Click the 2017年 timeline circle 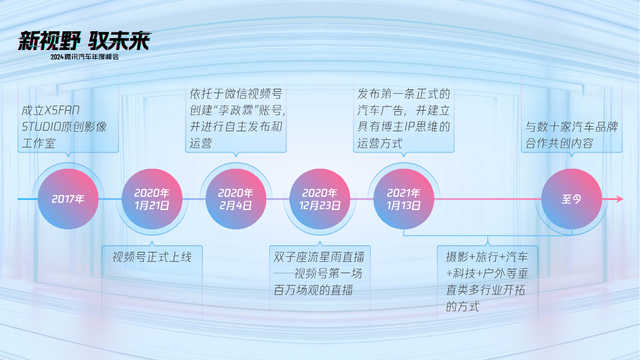coord(68,199)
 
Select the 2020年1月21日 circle coord(152,199)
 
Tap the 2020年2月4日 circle coord(236,199)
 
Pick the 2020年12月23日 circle coord(319,199)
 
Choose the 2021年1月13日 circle coord(404,199)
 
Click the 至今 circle coord(571,199)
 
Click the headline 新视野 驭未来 coord(84,41)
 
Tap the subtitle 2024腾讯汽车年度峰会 coord(84,57)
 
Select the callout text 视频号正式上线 coord(152,257)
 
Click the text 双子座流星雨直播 coord(319,257)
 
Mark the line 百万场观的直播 coord(313,290)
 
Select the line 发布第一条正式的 coord(404,94)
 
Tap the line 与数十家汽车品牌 coord(571,127)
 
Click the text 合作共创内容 coord(559,143)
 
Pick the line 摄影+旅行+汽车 coord(487,257)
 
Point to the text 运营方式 coord(380,143)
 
